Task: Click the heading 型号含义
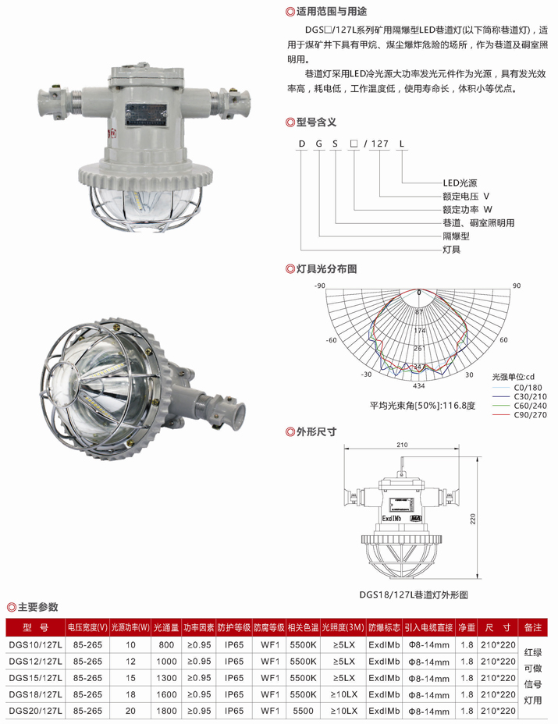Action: [x=316, y=122]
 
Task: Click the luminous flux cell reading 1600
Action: [x=166, y=694]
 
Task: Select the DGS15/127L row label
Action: [x=36, y=678]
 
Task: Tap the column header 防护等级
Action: [x=233, y=627]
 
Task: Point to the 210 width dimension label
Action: [x=402, y=445]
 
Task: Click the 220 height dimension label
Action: [x=473, y=519]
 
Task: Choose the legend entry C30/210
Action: [x=530, y=396]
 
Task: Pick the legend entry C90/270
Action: [x=530, y=414]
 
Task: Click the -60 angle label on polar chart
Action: [x=331, y=340]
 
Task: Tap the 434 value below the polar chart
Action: [x=418, y=385]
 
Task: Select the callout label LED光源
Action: [x=460, y=183]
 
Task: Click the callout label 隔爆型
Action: [x=456, y=236]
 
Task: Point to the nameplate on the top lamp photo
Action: [x=145, y=114]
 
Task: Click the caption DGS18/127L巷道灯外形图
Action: [x=414, y=594]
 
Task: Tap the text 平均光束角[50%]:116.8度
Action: [x=422, y=406]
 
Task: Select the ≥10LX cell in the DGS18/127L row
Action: [x=343, y=694]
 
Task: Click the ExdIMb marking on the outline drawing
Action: [x=391, y=519]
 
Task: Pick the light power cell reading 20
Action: [x=131, y=711]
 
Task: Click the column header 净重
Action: [x=467, y=627]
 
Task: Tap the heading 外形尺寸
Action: [x=316, y=431]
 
